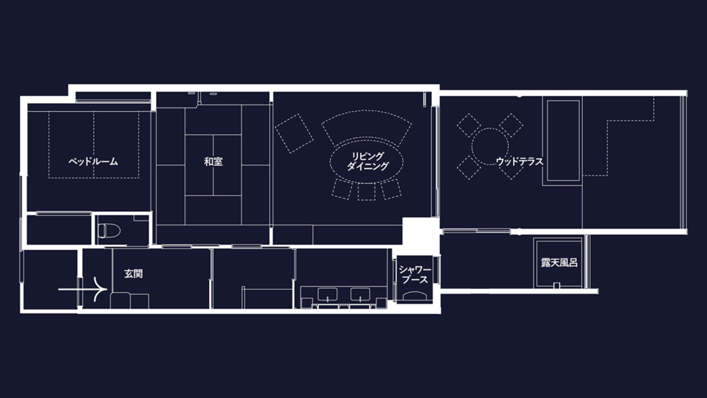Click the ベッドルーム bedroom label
click(93, 162)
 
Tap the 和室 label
click(213, 162)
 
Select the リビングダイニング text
click(368, 161)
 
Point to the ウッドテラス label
click(520, 162)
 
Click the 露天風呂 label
click(559, 263)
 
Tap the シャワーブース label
click(415, 275)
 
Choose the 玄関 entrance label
click(133, 274)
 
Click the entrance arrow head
click(101, 289)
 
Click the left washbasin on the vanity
click(328, 294)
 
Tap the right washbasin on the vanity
click(361, 294)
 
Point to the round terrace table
click(490, 147)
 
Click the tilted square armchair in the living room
click(294, 133)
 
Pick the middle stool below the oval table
click(366, 192)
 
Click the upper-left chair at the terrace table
click(469, 125)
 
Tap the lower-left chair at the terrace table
click(469, 167)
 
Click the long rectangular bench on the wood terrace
click(563, 140)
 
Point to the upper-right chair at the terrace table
click(511, 125)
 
